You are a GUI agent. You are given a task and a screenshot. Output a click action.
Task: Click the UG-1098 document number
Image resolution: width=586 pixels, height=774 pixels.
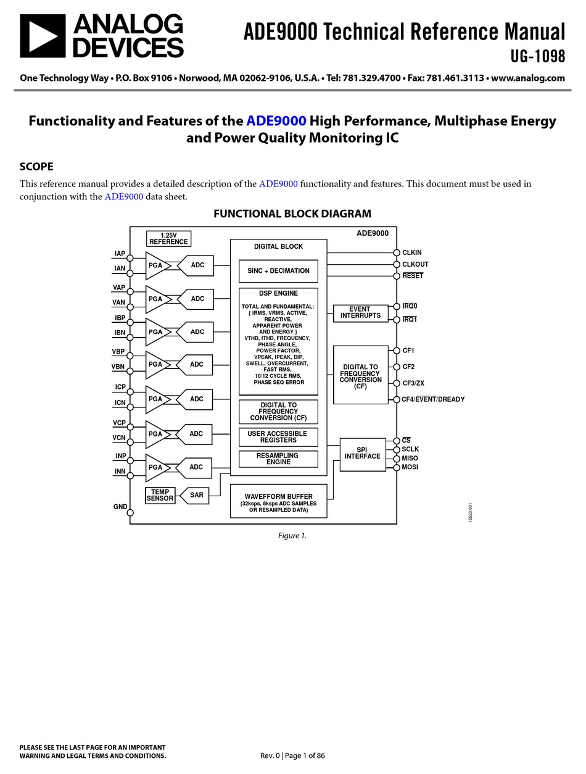[537, 56]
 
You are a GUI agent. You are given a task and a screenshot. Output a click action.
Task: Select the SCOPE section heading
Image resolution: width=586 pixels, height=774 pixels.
[36, 166]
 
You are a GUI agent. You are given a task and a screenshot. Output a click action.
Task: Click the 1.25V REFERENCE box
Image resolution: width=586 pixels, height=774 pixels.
[168, 238]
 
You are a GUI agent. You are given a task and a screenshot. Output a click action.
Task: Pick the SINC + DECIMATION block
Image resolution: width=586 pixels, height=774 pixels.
[278, 271]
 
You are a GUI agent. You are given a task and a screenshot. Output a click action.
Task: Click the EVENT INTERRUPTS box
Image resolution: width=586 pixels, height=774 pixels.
[360, 312]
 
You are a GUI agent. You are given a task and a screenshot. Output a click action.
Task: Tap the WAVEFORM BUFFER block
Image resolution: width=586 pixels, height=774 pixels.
[278, 501]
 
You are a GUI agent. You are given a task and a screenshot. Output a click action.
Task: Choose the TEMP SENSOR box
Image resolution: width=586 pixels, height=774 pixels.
[160, 495]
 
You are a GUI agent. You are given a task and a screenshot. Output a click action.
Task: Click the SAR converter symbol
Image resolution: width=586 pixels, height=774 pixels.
[196, 495]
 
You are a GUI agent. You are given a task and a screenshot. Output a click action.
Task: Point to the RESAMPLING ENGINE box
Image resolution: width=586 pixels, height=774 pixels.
[278, 459]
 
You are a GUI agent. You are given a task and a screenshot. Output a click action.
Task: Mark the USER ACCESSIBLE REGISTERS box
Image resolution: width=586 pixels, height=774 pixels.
[278, 437]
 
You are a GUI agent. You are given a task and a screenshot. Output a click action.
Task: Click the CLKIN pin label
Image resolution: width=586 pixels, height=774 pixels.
[412, 252]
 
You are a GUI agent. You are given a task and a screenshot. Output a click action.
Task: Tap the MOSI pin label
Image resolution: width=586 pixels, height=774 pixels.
[410, 467]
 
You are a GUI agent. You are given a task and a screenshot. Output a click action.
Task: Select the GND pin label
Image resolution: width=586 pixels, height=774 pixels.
[120, 507]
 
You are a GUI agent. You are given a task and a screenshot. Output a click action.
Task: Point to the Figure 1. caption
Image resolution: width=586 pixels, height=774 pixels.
[292, 535]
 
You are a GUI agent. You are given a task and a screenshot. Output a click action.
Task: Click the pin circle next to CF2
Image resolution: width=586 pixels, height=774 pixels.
[397, 367]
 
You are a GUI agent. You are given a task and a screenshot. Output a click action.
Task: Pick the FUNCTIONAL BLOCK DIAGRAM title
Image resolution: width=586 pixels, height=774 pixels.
[292, 214]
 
